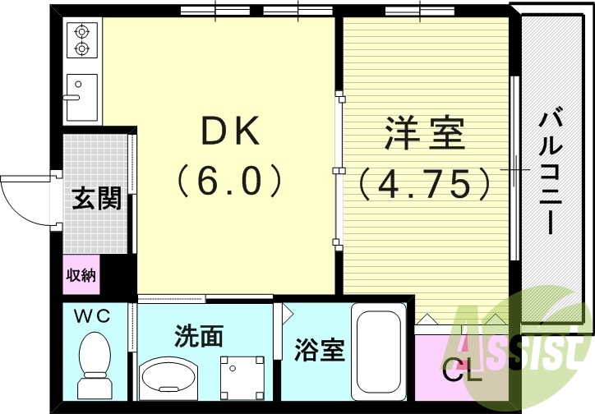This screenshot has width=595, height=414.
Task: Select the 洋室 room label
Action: [x=425, y=134]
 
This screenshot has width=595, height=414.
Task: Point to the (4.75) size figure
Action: [x=425, y=184]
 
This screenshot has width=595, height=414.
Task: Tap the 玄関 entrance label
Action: [x=95, y=199]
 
